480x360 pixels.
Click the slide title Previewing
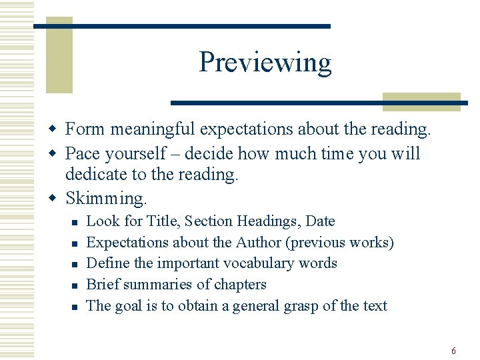coord(265,63)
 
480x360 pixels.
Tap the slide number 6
coord(453,351)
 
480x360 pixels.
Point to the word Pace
coord(82,153)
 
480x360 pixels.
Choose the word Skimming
coord(105,198)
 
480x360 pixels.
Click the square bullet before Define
coord(75,265)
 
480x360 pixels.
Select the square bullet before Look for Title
coord(75,222)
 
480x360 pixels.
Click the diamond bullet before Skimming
coord(58,199)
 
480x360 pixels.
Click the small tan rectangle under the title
coord(421,101)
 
